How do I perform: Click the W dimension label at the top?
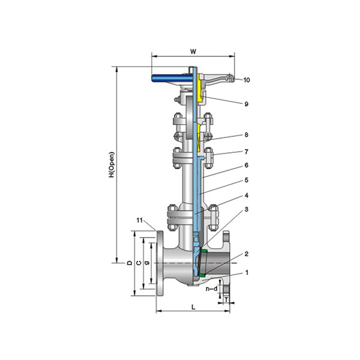pyautogui.click(x=193, y=52)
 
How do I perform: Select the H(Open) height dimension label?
pyautogui.click(x=112, y=164)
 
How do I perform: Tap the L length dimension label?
pyautogui.click(x=193, y=307)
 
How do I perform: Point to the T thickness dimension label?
pyautogui.click(x=226, y=299)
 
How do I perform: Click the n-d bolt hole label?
pyautogui.click(x=211, y=289)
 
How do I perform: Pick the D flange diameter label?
pyautogui.click(x=130, y=263)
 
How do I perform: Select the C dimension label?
pyautogui.click(x=139, y=263)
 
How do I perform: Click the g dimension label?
pyautogui.click(x=148, y=263)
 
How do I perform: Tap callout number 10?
pyautogui.click(x=247, y=80)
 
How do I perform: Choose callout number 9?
pyautogui.click(x=246, y=104)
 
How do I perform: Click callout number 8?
pyautogui.click(x=246, y=134)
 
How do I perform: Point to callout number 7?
pyautogui.click(x=246, y=152)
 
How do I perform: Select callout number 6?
pyautogui.click(x=246, y=166)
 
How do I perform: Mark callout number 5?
pyautogui.click(x=246, y=180)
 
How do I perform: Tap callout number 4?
pyautogui.click(x=246, y=196)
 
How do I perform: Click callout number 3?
pyautogui.click(x=246, y=209)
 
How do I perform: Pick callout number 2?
pyautogui.click(x=246, y=254)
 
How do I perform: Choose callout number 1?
pyautogui.click(x=247, y=272)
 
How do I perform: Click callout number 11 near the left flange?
pyautogui.click(x=140, y=220)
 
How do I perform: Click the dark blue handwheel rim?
pyautogui.click(x=172, y=78)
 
